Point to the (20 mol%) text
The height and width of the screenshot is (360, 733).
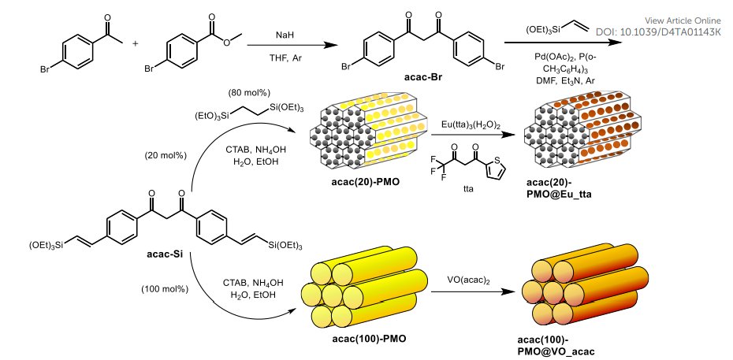coord(165,154)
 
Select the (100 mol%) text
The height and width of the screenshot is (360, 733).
coord(165,289)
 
